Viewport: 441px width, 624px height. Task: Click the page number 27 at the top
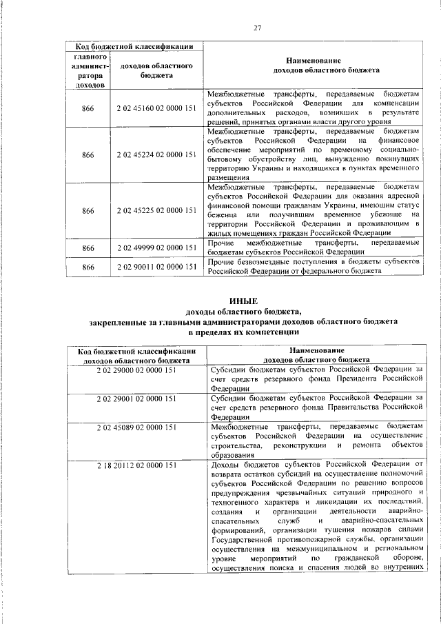pyautogui.click(x=257, y=28)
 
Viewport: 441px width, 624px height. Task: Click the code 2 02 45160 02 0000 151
pyautogui.click(x=156, y=108)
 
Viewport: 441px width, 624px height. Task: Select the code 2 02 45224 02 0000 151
pyautogui.click(x=156, y=155)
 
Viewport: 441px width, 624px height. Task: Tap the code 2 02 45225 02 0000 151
pyautogui.click(x=156, y=210)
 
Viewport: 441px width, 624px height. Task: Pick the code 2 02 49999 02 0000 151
pyautogui.click(x=156, y=248)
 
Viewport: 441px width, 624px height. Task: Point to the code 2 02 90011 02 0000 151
pyautogui.click(x=156, y=267)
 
